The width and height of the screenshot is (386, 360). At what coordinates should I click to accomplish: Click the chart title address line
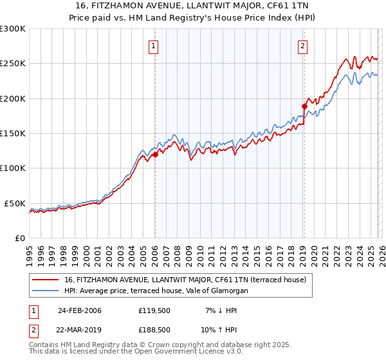coord(192,6)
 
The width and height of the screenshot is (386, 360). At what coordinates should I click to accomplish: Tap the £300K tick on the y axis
coord(13,29)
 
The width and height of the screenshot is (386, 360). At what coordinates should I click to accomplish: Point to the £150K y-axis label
coord(13,134)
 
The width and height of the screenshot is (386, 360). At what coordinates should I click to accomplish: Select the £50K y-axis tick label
coord(15,203)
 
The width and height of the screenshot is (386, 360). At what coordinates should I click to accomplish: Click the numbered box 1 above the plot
coord(154,46)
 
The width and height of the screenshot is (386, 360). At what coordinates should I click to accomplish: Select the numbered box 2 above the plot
coord(302,46)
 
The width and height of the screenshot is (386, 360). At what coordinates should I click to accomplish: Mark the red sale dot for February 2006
coord(155,154)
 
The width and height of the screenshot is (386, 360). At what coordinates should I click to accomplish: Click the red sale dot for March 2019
coord(304,106)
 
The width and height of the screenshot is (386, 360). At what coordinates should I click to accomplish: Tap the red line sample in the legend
coord(46,280)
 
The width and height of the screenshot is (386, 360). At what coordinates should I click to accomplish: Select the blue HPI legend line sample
coord(46,291)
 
